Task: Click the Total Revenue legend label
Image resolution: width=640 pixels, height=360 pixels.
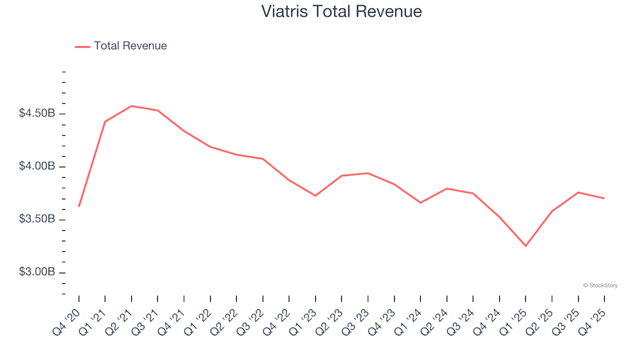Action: (x=130, y=46)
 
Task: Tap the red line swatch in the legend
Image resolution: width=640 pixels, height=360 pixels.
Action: (x=83, y=47)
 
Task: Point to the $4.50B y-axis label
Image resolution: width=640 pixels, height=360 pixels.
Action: (x=37, y=113)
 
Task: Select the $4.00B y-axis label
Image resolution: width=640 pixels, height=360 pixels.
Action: (x=37, y=167)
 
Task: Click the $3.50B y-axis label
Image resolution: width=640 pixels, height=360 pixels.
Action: (x=37, y=220)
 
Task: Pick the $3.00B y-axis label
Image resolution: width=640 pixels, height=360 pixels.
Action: (x=37, y=273)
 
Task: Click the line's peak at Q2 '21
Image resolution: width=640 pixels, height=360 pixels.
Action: (x=131, y=106)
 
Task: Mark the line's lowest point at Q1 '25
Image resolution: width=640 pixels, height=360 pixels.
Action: (x=525, y=246)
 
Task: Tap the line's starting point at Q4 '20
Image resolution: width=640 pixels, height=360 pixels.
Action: (x=79, y=206)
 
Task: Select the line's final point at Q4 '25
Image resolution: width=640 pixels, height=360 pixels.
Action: (x=604, y=198)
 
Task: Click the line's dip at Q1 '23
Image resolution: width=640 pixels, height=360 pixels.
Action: (x=315, y=195)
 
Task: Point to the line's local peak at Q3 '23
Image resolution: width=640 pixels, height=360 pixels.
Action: (x=368, y=173)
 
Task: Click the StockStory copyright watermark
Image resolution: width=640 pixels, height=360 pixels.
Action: (x=600, y=285)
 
